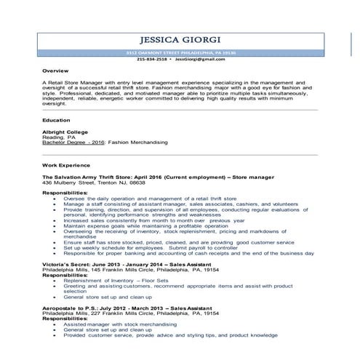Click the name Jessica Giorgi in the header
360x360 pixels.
click(x=179, y=40)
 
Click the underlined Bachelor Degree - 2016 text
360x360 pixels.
click(x=74, y=143)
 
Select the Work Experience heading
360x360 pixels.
click(x=67, y=167)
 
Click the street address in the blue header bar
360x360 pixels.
click(x=179, y=54)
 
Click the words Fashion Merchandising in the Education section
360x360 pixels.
click(x=138, y=143)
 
